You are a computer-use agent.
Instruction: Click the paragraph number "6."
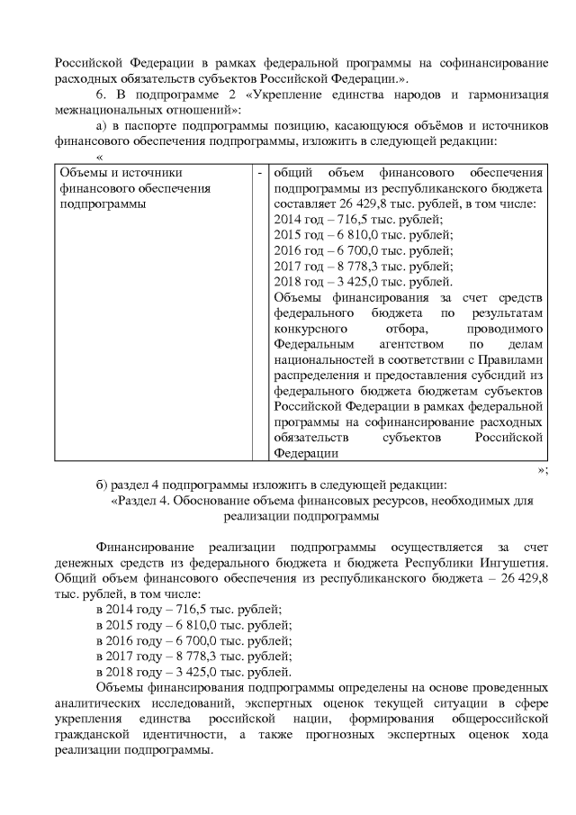coord(101,95)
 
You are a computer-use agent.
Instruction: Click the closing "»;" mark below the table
coord(542,469)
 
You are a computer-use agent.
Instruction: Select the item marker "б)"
coord(102,485)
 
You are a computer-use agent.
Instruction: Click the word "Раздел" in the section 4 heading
coord(136,501)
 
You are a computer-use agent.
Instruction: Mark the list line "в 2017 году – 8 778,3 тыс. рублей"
coord(193,657)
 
